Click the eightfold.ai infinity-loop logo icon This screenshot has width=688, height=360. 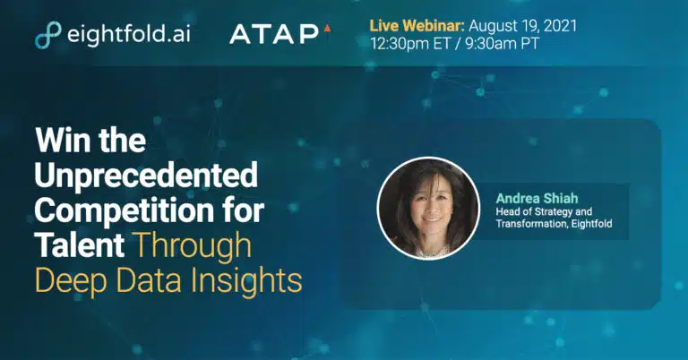pyautogui.click(x=47, y=34)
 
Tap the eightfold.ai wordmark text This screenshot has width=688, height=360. pyautogui.click(x=129, y=33)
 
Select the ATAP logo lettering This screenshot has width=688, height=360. pyautogui.click(x=274, y=34)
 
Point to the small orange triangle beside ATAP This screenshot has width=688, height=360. pyautogui.click(x=327, y=29)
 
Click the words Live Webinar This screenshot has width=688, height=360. pyautogui.click(x=417, y=25)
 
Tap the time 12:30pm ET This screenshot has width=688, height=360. pyautogui.click(x=410, y=43)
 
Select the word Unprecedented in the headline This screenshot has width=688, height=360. pyautogui.click(x=146, y=176)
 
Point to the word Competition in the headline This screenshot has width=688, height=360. pyautogui.click(x=125, y=210)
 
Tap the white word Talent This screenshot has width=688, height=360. pyautogui.click(x=80, y=244)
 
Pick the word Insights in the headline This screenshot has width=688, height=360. pyautogui.click(x=246, y=281)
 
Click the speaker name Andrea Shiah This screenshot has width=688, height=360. pyautogui.click(x=537, y=198)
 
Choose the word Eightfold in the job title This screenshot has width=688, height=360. pyautogui.click(x=591, y=224)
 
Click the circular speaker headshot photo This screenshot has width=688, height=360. pyautogui.click(x=429, y=209)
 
